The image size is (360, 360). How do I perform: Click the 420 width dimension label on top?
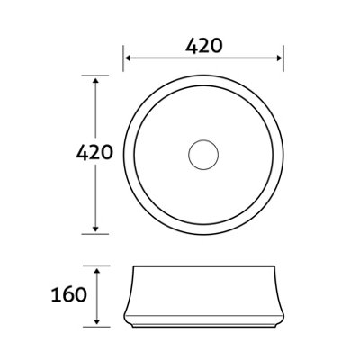click(204, 46)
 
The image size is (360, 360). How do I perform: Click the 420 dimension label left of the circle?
click(94, 152)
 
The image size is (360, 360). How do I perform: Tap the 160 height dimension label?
click(69, 294)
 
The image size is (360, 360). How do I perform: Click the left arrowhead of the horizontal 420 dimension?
click(128, 58)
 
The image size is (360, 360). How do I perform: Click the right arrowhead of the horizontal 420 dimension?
click(279, 58)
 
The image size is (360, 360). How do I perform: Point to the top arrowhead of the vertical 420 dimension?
click(95, 81)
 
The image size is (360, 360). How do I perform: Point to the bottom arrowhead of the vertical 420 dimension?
click(95, 229)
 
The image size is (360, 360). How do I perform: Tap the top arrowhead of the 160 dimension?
click(96, 272)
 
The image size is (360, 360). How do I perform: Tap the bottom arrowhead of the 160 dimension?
click(96, 321)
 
